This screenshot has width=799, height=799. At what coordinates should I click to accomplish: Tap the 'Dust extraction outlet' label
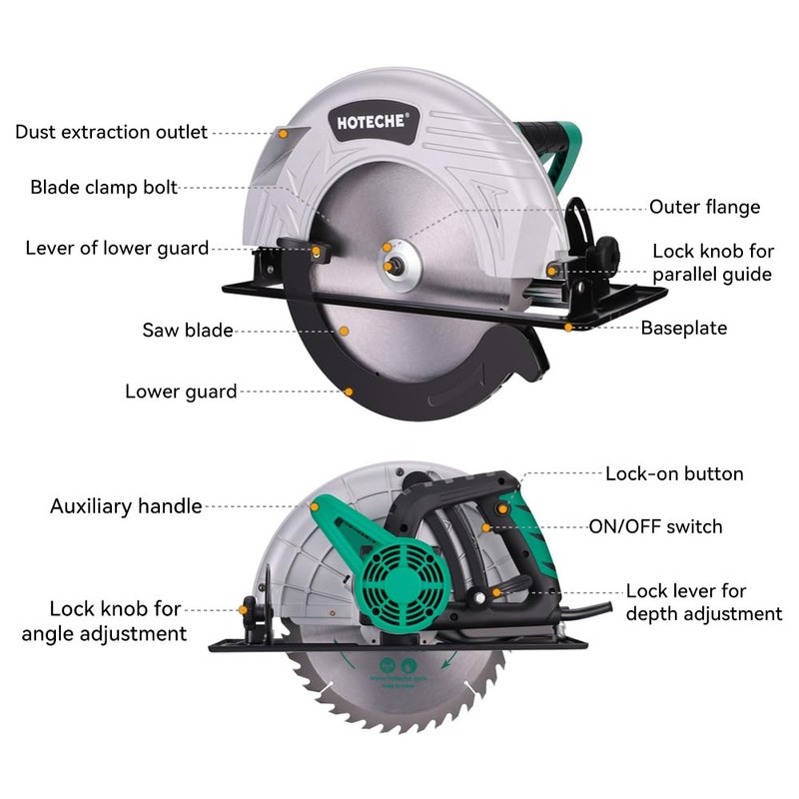click(x=111, y=132)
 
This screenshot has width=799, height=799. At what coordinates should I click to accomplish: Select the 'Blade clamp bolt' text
click(x=104, y=187)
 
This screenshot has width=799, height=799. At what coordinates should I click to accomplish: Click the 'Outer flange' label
click(x=704, y=208)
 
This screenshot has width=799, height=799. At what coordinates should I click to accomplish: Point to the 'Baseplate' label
click(x=683, y=328)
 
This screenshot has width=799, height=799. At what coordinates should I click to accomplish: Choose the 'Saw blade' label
click(x=187, y=330)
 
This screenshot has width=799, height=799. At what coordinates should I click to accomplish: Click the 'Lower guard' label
click(x=181, y=392)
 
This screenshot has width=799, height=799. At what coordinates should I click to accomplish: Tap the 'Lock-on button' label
click(x=674, y=473)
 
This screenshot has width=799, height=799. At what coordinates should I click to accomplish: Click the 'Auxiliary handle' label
click(x=126, y=506)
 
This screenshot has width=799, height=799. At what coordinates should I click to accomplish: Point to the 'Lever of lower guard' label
click(x=117, y=248)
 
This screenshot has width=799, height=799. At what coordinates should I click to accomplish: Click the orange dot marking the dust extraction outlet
click(x=282, y=132)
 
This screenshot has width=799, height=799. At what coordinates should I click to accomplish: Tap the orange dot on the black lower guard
click(x=349, y=392)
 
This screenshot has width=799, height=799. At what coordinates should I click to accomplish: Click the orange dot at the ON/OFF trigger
click(x=487, y=527)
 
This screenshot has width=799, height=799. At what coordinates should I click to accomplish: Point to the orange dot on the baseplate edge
click(x=568, y=327)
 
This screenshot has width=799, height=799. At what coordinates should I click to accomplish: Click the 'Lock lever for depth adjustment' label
click(x=703, y=602)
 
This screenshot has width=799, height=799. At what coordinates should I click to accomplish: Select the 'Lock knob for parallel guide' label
click(x=712, y=263)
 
